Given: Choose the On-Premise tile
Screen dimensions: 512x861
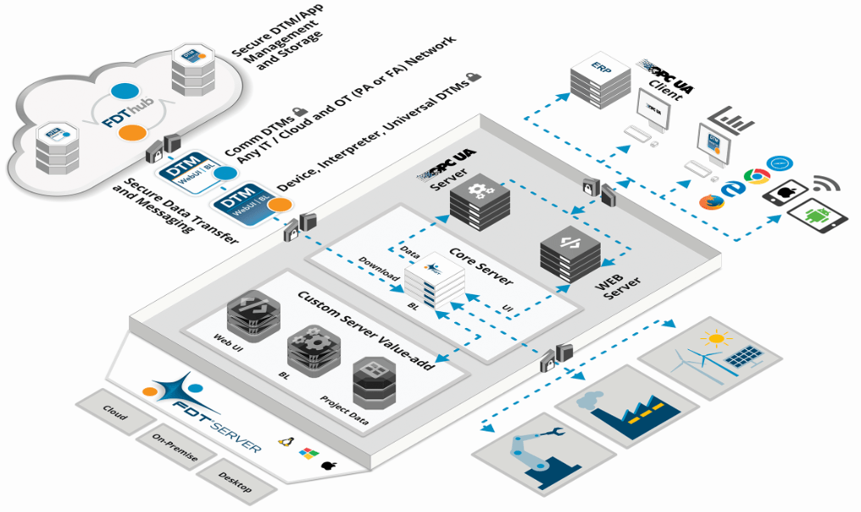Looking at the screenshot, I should click(x=175, y=447).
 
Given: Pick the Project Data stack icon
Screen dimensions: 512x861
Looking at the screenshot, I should click(x=374, y=384).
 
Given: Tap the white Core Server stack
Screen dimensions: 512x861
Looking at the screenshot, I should click(x=433, y=280).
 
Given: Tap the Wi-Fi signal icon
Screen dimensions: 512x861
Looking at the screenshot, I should click(x=826, y=186).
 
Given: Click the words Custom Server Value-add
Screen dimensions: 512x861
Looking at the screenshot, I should click(x=367, y=331).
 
